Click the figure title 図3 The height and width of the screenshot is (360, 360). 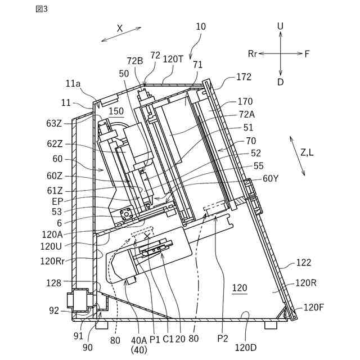(x=42, y=9)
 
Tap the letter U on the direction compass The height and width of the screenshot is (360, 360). (x=280, y=26)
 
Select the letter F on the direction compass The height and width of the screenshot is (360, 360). (x=307, y=54)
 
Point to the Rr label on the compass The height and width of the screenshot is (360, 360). (x=253, y=54)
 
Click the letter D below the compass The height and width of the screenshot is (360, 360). (x=280, y=82)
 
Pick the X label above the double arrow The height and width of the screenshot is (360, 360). (x=120, y=29)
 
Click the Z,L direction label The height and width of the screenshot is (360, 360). (x=307, y=152)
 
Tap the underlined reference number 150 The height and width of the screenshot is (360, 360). (x=116, y=111)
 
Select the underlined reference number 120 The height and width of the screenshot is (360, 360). (x=240, y=288)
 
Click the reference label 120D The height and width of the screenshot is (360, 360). (x=245, y=348)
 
